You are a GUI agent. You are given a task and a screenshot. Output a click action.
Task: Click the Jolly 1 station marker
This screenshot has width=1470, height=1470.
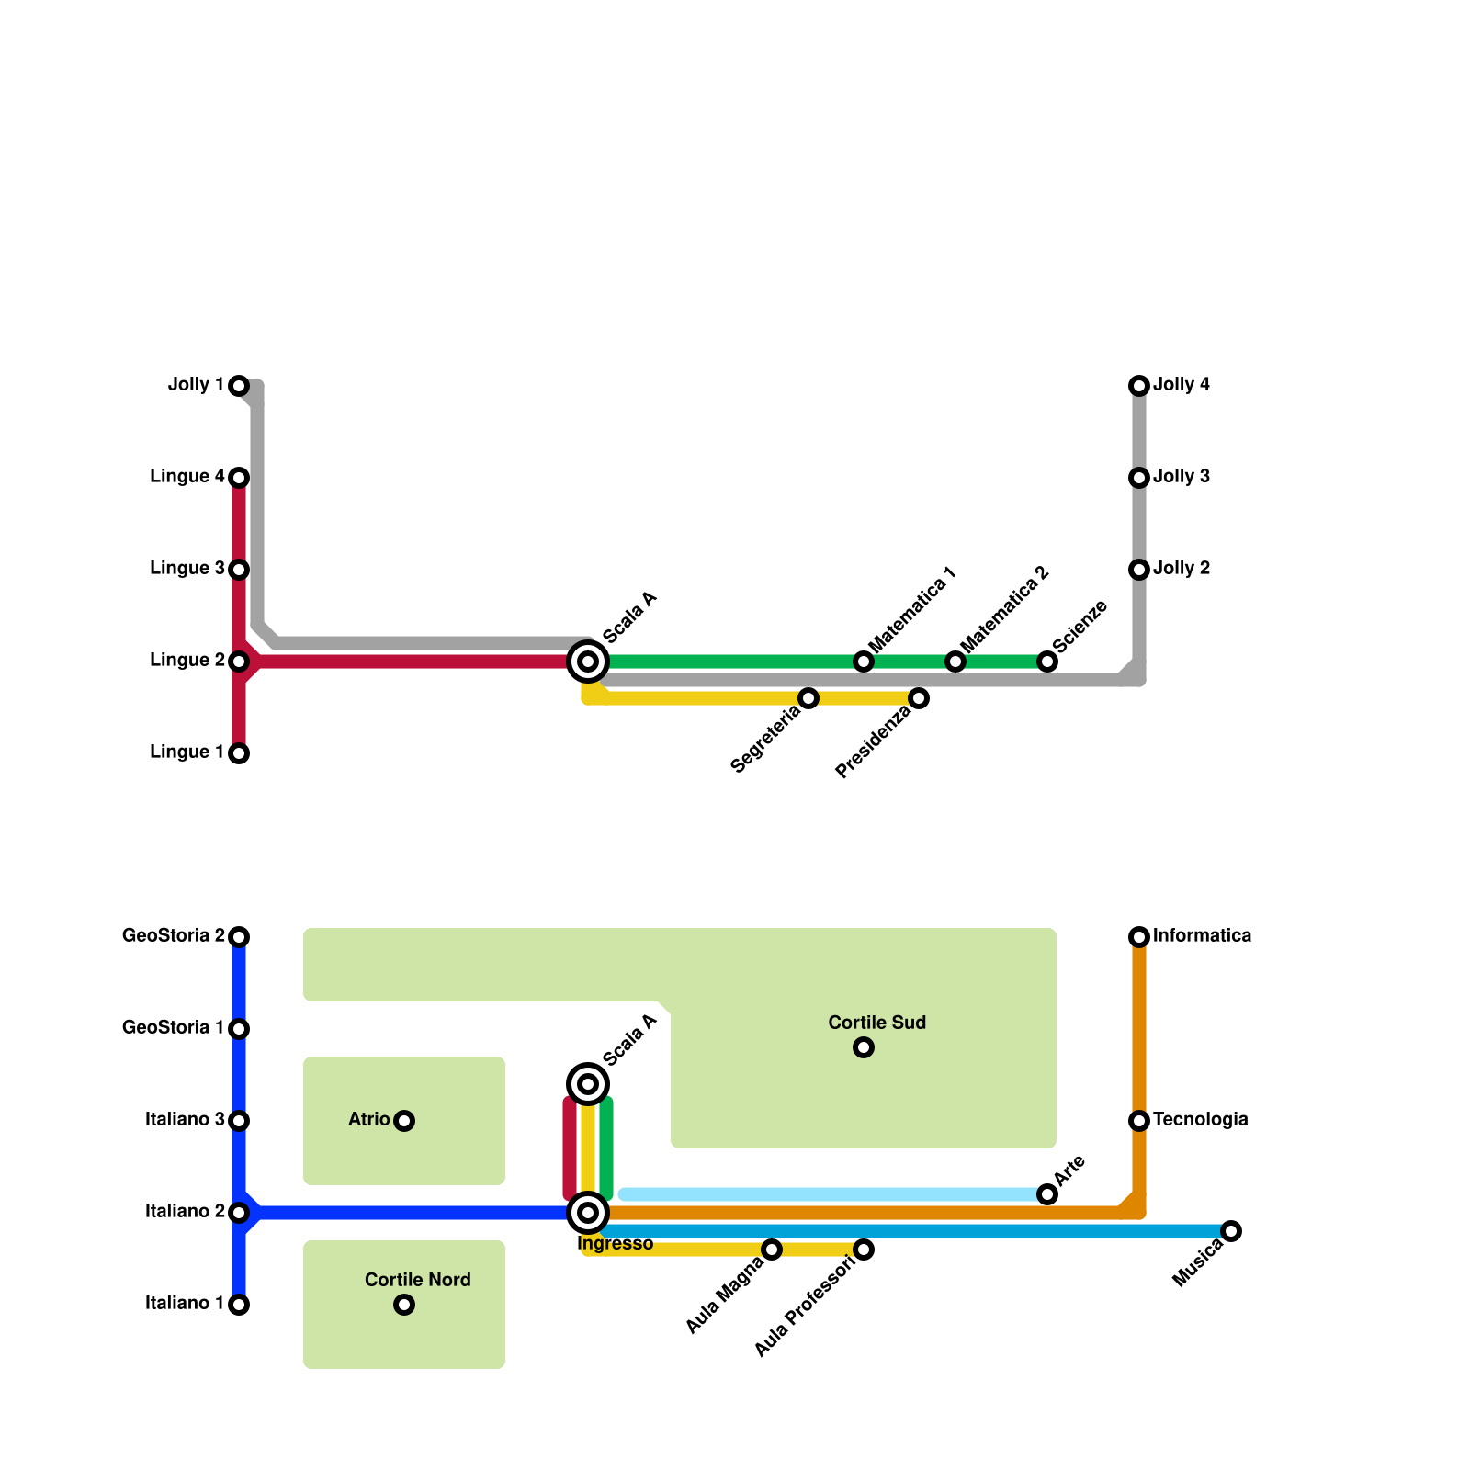(x=239, y=386)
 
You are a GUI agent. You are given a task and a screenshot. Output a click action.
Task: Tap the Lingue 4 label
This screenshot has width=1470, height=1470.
(x=187, y=477)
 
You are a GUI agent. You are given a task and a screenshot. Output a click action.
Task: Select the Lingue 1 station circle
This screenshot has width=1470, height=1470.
(x=239, y=753)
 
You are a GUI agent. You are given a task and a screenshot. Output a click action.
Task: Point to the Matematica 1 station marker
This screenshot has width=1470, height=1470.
(x=864, y=661)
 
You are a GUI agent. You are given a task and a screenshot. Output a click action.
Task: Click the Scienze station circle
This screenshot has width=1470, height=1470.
(x=1047, y=661)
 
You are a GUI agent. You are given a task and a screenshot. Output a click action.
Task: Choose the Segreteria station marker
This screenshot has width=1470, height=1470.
(x=808, y=698)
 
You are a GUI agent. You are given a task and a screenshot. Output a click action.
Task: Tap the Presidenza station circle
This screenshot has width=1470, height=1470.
(x=919, y=698)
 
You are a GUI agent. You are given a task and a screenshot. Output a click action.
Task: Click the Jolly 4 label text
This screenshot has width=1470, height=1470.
(x=1182, y=385)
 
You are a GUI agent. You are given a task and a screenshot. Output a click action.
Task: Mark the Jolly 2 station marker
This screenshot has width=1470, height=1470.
(x=1139, y=570)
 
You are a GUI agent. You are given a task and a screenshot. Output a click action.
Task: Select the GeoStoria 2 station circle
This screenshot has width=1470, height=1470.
(x=239, y=937)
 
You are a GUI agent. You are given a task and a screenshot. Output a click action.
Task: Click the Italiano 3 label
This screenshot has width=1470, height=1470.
(x=185, y=1120)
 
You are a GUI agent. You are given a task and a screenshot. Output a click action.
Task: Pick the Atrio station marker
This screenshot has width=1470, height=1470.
(x=404, y=1121)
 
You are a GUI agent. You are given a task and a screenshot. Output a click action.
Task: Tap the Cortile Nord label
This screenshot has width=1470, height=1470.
(x=417, y=1281)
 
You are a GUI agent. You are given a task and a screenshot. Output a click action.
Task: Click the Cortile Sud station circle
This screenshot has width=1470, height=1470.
(x=864, y=1047)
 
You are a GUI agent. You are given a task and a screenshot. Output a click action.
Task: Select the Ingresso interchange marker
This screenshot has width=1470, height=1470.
(x=588, y=1213)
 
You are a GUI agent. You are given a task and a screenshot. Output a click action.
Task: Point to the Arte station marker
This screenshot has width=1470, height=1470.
(x=1047, y=1194)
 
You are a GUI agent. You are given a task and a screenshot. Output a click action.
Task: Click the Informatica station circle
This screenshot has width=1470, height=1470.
(x=1139, y=937)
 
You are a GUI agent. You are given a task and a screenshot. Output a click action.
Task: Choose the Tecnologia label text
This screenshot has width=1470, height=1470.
(x=1200, y=1120)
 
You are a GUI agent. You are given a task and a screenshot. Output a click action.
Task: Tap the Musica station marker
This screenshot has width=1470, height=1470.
(x=1231, y=1231)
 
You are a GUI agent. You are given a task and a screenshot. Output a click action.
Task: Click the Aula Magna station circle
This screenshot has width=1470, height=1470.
(x=772, y=1249)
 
